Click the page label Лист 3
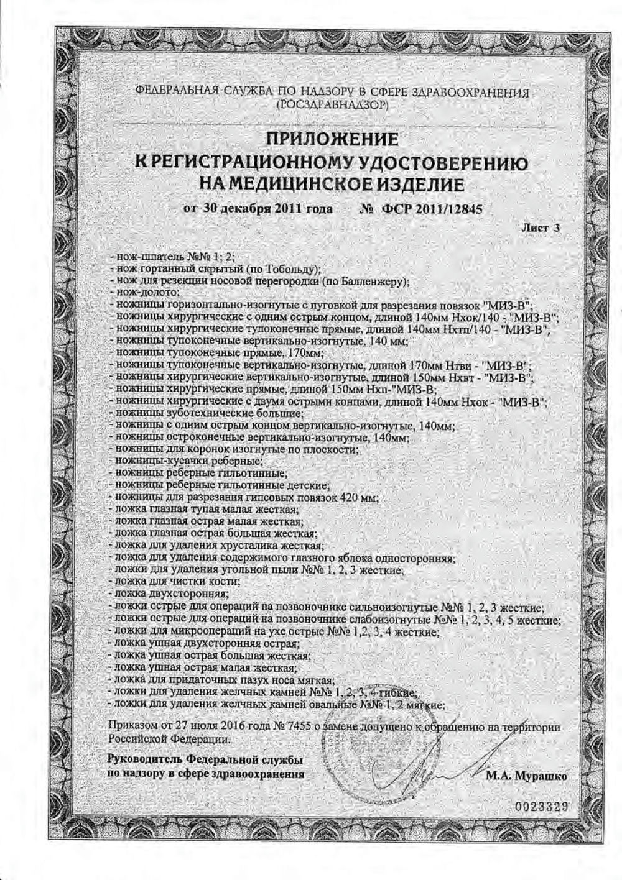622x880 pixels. point(541,228)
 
